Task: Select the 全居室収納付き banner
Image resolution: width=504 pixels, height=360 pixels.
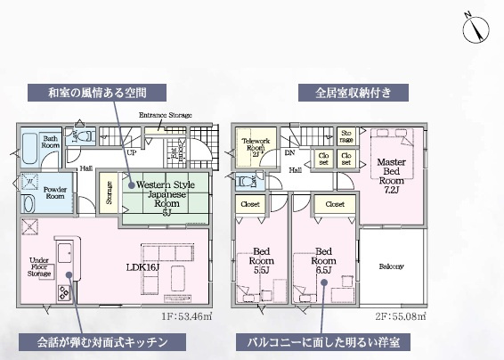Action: click(x=354, y=92)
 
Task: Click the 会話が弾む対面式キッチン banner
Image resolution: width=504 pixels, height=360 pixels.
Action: click(x=103, y=342)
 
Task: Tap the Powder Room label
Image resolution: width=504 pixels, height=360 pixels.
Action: click(x=54, y=192)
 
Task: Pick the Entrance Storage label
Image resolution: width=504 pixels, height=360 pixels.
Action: click(x=166, y=116)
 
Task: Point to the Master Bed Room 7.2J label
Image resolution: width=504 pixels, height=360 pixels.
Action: click(x=391, y=175)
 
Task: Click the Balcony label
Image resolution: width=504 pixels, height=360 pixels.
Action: click(x=391, y=266)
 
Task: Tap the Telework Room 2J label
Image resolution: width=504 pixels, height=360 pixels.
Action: click(x=256, y=145)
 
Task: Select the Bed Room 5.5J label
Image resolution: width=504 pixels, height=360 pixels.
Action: click(x=261, y=258)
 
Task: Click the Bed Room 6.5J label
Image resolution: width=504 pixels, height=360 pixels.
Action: click(x=323, y=258)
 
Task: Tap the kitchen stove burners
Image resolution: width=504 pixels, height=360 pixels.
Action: click(x=65, y=291)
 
